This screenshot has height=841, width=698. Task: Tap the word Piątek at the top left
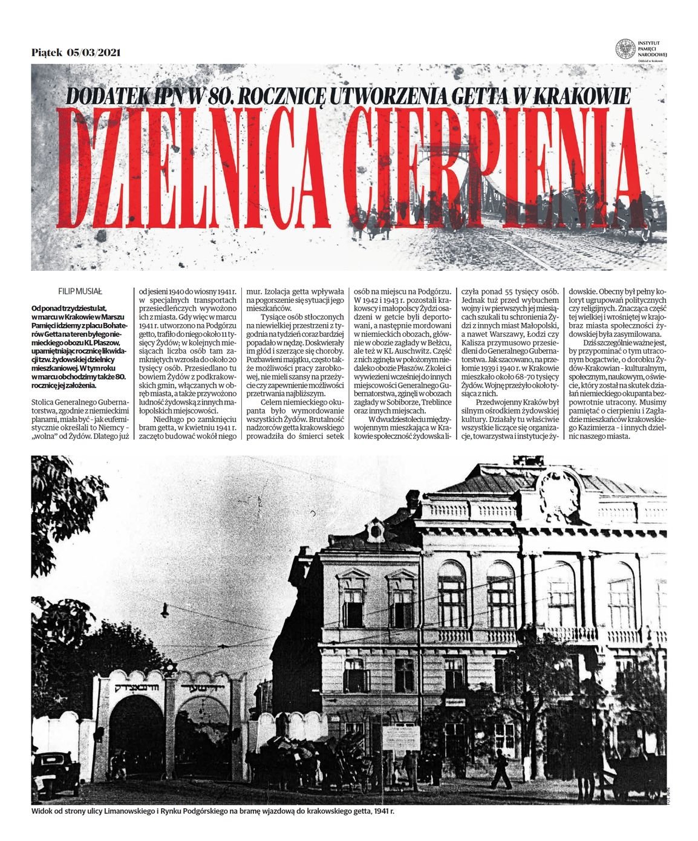(47, 52)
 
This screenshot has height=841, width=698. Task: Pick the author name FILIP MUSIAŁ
(71, 292)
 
